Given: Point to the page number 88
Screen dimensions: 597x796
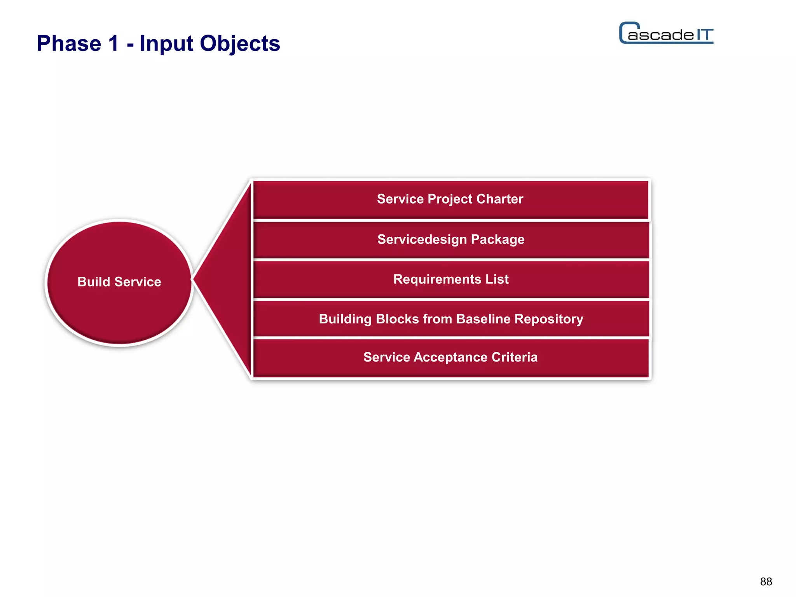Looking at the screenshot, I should pyautogui.click(x=766, y=581).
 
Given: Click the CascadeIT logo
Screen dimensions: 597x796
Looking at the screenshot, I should pyautogui.click(x=666, y=33).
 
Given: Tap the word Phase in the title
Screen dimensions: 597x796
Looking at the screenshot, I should pyautogui.click(x=69, y=43).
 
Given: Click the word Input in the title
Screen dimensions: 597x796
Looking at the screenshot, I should pyautogui.click(x=166, y=44).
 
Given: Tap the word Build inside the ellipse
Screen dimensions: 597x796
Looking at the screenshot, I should pyautogui.click(x=94, y=282).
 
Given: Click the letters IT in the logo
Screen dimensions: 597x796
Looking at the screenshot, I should pyautogui.click(x=704, y=35).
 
